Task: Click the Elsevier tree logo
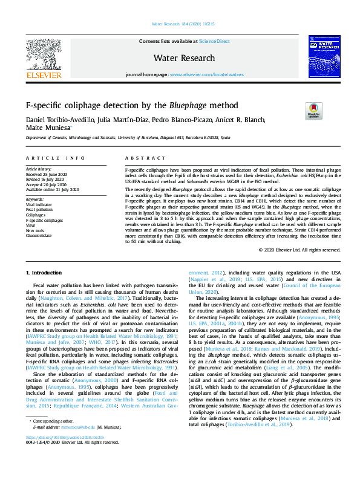tap(44, 54)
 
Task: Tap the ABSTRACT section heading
tap(137, 158)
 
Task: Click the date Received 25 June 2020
tap(47, 174)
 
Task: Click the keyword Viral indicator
tap(39, 204)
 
